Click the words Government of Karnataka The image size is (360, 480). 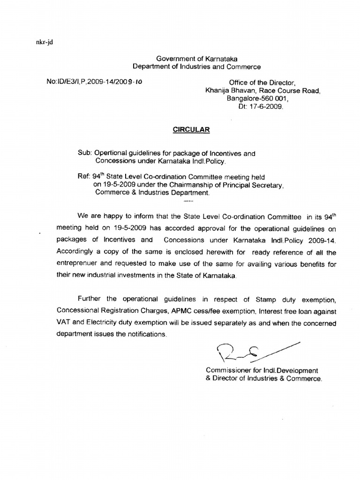point(197,59)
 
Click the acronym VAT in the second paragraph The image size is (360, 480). point(63,322)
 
